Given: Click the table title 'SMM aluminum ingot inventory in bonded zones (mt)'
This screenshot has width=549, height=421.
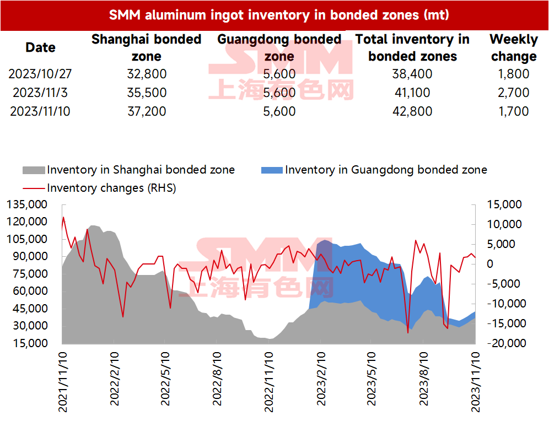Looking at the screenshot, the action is tap(279, 15).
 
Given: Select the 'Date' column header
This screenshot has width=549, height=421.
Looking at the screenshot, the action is tap(40, 47).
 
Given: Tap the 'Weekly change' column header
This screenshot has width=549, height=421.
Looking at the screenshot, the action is tap(514, 47).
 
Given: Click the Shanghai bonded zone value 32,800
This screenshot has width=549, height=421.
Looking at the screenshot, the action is tap(147, 74).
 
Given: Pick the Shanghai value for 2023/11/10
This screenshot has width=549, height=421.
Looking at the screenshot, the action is tap(147, 111).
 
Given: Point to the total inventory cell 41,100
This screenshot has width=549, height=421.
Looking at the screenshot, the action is tap(412, 93).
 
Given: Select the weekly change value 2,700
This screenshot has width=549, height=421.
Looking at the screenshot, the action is tap(513, 93).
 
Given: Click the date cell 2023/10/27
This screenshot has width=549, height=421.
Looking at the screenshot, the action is tap(40, 74).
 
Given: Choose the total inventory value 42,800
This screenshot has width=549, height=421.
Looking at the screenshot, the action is tap(412, 111).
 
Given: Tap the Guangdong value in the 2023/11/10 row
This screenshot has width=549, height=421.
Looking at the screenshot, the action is tap(279, 111).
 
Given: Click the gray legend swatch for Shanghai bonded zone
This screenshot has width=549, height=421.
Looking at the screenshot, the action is tap(34, 170).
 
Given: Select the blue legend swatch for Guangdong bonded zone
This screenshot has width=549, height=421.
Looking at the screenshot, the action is tap(272, 170).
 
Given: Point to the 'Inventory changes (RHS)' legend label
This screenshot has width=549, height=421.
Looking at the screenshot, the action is tap(111, 188).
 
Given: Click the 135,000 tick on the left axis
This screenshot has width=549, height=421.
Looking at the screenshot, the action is tap(27, 204).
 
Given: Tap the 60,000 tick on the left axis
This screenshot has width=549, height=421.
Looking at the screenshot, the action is tap(30, 291).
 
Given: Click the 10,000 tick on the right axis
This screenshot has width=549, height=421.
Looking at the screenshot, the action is tap(504, 224).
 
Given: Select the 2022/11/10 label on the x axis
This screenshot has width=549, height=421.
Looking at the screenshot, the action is tap(268, 382).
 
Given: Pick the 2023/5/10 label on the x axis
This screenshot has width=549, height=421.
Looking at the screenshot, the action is tap(371, 379).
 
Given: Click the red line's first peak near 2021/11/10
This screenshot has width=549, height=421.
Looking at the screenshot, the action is tap(63, 217).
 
